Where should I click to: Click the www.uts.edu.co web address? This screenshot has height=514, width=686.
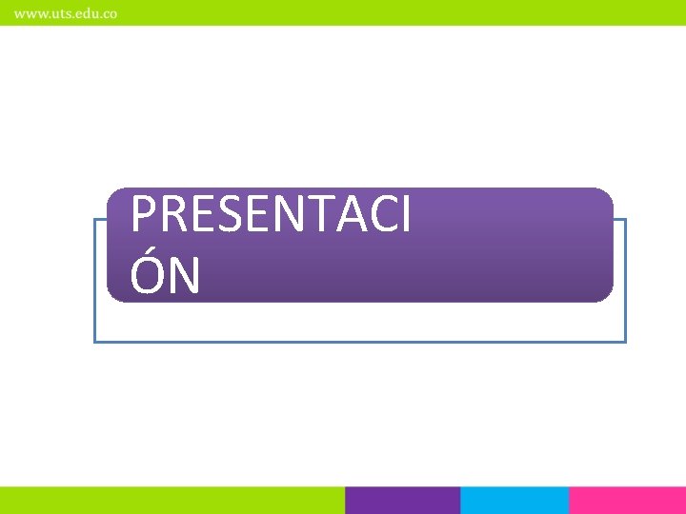[66, 14]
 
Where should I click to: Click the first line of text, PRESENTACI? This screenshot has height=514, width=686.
[271, 215]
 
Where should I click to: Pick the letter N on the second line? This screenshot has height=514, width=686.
[185, 276]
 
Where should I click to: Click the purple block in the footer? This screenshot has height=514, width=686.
[402, 501]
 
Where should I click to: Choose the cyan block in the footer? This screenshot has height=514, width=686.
[514, 501]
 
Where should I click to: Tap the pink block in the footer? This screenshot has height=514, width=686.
[627, 501]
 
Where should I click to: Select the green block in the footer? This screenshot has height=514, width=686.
[171, 501]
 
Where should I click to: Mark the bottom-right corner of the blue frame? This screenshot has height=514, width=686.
[625, 341]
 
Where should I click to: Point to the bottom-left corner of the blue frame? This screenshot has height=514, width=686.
[94, 341]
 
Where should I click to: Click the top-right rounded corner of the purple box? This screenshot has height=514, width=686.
[608, 193]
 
